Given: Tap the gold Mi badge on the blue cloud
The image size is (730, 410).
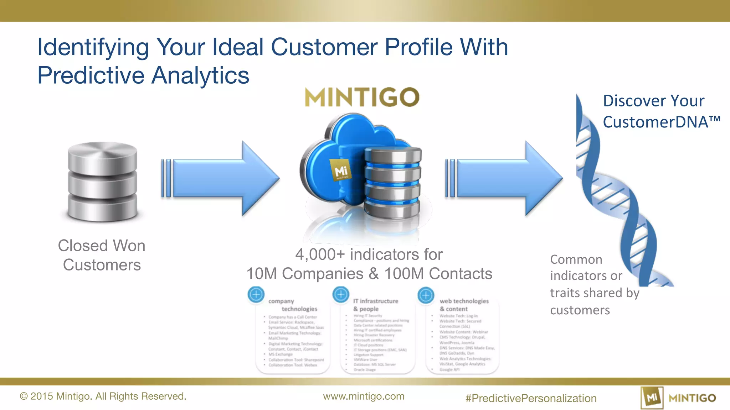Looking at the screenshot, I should coord(340,170).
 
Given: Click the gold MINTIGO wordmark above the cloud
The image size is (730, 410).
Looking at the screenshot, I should coord(362,97).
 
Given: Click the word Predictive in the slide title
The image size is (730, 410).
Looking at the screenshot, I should coord(91,75).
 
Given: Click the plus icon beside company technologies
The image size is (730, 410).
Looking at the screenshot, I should coord(256,295).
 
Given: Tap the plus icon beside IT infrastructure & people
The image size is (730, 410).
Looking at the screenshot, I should coord(341,294).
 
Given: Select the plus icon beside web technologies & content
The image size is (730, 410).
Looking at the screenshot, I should coord(426,295).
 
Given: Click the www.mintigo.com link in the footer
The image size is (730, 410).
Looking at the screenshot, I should coord(364,396).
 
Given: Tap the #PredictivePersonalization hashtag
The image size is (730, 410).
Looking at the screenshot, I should coord(531,398).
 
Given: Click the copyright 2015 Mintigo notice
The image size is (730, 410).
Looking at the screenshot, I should coord(103,396).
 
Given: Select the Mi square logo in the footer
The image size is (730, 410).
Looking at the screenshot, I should coord(652,398).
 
